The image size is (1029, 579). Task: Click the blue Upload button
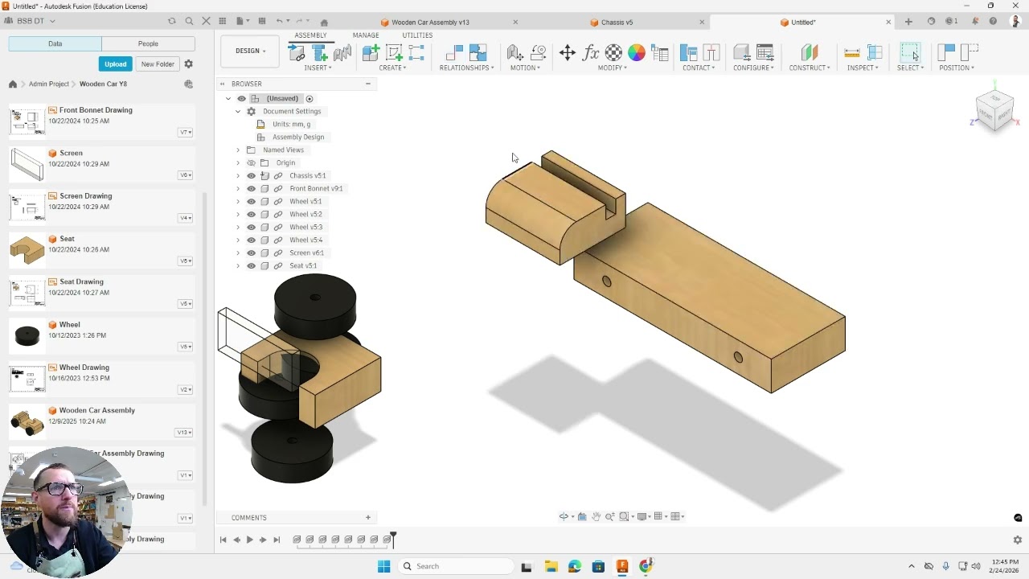[115, 64]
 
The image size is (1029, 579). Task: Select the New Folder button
[158, 64]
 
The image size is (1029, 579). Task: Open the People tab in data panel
[148, 43]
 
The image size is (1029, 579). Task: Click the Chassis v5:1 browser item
[307, 175]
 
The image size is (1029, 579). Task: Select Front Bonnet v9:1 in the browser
[316, 188]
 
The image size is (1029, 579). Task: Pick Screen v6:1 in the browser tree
[306, 253]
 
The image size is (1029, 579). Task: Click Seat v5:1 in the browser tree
[303, 265]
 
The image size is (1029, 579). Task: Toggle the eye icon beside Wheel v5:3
[251, 227]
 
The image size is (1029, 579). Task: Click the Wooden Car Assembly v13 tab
[430, 23]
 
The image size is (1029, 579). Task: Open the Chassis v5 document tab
[617, 23]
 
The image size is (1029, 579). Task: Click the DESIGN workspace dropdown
[251, 51]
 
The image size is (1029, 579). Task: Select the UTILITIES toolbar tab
[417, 35]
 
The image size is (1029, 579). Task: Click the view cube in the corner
[994, 111]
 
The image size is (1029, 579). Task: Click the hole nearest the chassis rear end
[738, 358]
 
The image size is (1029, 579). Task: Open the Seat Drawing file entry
[81, 281]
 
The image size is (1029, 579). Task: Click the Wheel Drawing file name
[84, 368]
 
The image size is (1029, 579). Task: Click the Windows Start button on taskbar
[383, 566]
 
